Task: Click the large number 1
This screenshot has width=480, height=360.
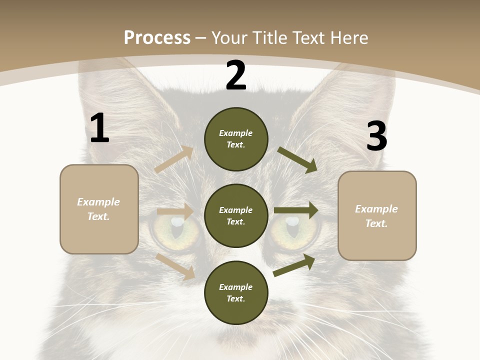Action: point(99,128)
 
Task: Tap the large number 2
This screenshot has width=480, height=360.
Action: point(236,75)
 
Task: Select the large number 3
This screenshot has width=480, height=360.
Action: point(376,136)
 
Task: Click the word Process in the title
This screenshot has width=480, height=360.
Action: point(157,37)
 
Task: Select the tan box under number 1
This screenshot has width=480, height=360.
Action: point(99,209)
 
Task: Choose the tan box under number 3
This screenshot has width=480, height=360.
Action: point(377,216)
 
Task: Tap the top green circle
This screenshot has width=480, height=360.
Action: point(236,139)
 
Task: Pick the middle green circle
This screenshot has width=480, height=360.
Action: point(236,215)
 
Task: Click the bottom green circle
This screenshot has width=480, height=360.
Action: point(236,292)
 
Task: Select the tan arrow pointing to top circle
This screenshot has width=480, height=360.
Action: point(174,159)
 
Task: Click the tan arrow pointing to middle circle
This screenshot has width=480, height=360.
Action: point(175,211)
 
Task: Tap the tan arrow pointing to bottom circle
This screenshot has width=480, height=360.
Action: point(175,266)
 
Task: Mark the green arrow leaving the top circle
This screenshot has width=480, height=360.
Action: point(297,159)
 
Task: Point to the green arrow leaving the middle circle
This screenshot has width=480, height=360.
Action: point(296,210)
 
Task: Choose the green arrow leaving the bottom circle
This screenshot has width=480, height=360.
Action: point(294,265)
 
